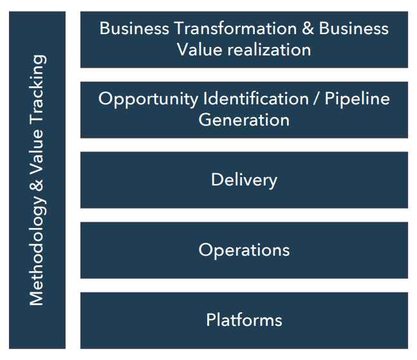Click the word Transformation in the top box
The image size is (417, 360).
236,28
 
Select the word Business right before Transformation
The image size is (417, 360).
134,28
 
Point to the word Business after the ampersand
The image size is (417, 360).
354,28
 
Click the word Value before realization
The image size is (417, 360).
199,50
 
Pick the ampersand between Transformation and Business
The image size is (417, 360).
308,28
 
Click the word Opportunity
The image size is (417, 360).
149,100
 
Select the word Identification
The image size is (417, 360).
256,99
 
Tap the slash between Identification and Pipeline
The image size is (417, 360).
317,99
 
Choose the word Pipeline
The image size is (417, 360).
357,100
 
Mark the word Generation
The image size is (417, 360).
244,120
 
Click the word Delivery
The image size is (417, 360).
244,181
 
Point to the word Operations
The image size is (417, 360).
244,251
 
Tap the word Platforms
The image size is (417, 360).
244,320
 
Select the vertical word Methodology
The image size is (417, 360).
37,251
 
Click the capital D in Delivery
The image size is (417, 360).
217,180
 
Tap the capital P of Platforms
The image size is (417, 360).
211,320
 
